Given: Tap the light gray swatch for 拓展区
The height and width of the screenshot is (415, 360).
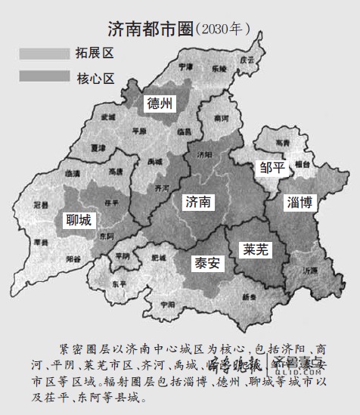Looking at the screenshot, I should tap(43, 54).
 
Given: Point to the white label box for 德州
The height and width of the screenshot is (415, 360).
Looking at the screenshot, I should tap(160, 104).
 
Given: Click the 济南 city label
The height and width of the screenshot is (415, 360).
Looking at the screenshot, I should tap(197, 202).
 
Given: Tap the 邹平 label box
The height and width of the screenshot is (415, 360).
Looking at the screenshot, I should tap(272, 168).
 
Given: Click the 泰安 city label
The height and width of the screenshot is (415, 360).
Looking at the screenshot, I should tap(204, 264).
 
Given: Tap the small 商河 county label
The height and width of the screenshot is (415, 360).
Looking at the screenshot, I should tap(222, 119).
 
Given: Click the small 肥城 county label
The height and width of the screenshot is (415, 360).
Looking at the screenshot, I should tap(158, 259).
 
